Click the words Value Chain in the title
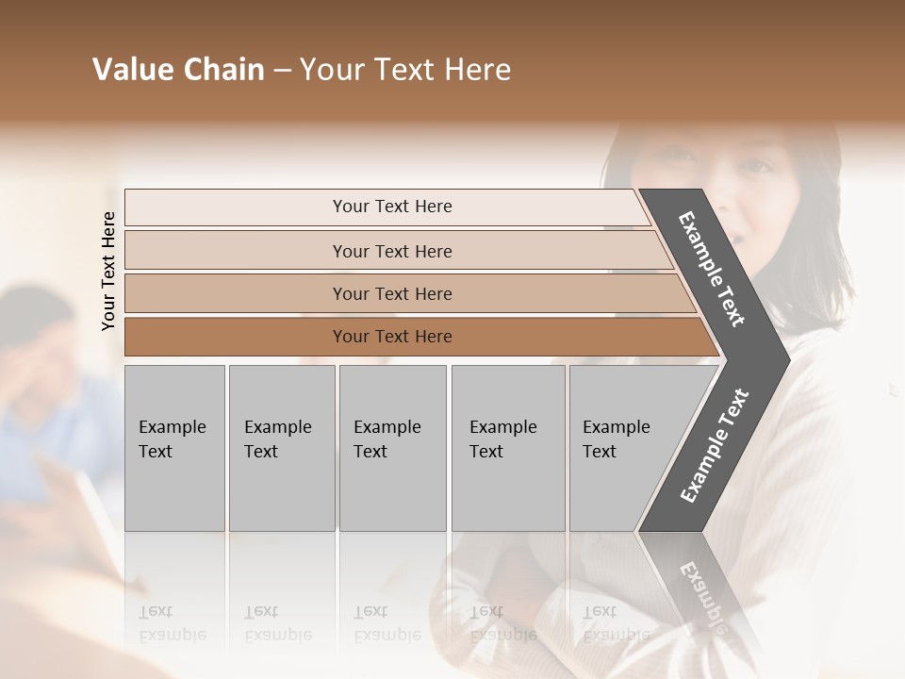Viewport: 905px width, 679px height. [x=178, y=70]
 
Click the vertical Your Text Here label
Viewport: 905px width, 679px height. [x=108, y=271]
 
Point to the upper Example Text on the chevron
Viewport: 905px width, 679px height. [x=712, y=269]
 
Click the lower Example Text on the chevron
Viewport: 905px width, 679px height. [x=715, y=445]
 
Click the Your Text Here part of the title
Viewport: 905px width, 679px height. [x=405, y=70]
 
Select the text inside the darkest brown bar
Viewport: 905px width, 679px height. [x=392, y=337]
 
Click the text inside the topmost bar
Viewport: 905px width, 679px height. [x=392, y=207]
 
